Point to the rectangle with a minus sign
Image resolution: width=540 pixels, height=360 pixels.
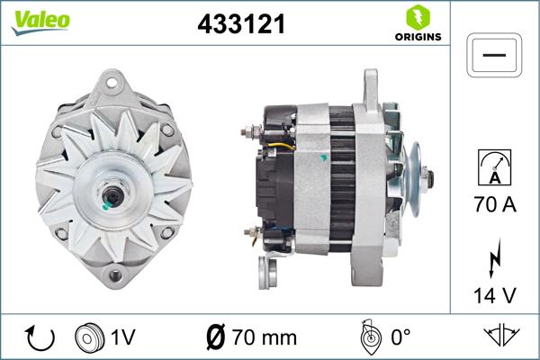pos(495,56)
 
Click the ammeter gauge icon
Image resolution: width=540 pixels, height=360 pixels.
pos(495,168)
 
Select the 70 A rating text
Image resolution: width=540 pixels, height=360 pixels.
pos(495,205)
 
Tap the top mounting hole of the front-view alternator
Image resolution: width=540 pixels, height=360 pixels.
pos(112,85)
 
